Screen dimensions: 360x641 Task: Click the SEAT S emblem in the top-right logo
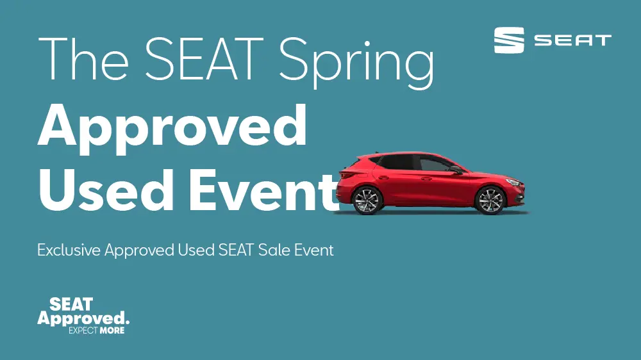pyautogui.click(x=510, y=40)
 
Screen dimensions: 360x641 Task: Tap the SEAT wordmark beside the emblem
pyautogui.click(x=572, y=41)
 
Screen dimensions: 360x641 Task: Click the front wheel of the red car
pyautogui.click(x=490, y=200)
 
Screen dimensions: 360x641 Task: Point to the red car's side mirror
pyautogui.click(x=456, y=169)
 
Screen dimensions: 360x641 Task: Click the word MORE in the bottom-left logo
pyautogui.click(x=112, y=331)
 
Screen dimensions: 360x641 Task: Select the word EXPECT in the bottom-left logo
pyautogui.click(x=84, y=331)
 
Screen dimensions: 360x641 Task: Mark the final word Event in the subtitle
pyautogui.click(x=314, y=250)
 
